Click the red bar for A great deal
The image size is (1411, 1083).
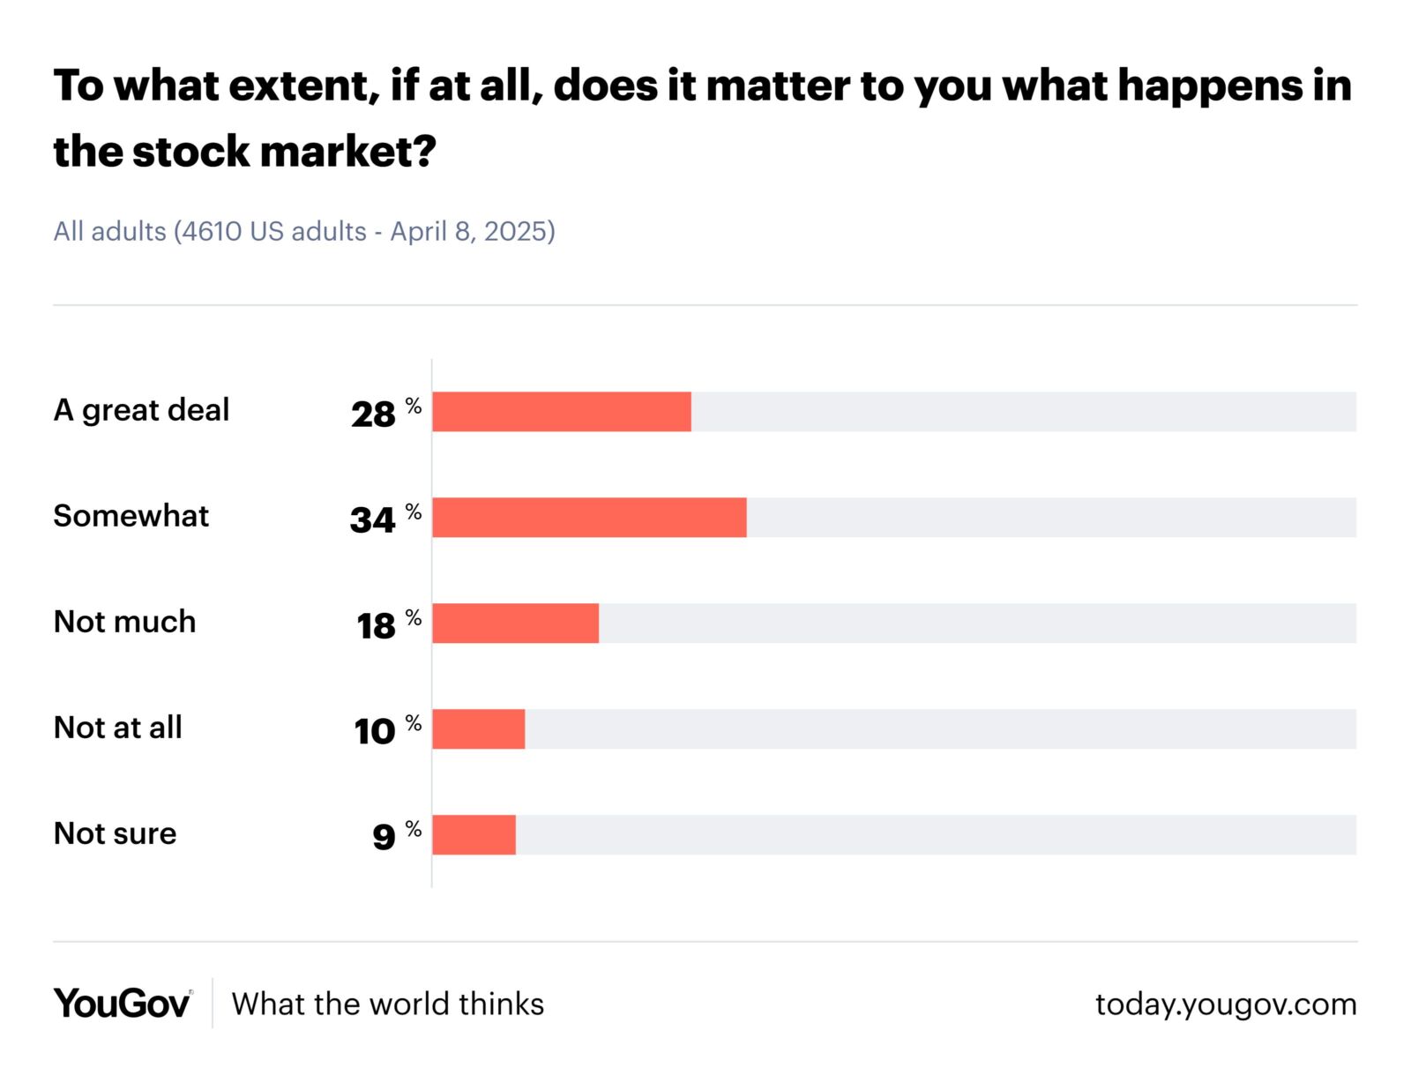point(561,412)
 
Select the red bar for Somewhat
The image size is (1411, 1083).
point(589,518)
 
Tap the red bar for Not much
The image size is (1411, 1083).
point(515,624)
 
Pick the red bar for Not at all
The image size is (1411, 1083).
point(478,729)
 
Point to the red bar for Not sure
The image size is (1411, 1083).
point(474,835)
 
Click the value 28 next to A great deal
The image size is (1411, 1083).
point(373,414)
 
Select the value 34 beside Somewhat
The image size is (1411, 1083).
point(372,519)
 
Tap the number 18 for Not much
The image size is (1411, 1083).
point(376,625)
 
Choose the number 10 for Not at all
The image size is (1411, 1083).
point(375,731)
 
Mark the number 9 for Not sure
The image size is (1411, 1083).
point(384,837)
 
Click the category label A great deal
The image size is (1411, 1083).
point(141,410)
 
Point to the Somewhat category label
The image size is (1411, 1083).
point(131,516)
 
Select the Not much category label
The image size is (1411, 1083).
point(124,622)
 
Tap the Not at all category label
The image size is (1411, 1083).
point(118,728)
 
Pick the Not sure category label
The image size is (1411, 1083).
point(115,833)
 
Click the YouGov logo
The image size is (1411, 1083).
point(122,1004)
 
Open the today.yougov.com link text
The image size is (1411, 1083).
point(1226,1004)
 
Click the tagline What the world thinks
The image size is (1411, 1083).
point(388,1004)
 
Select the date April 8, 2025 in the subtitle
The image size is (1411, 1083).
point(473,231)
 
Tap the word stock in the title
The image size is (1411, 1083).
point(190,152)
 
